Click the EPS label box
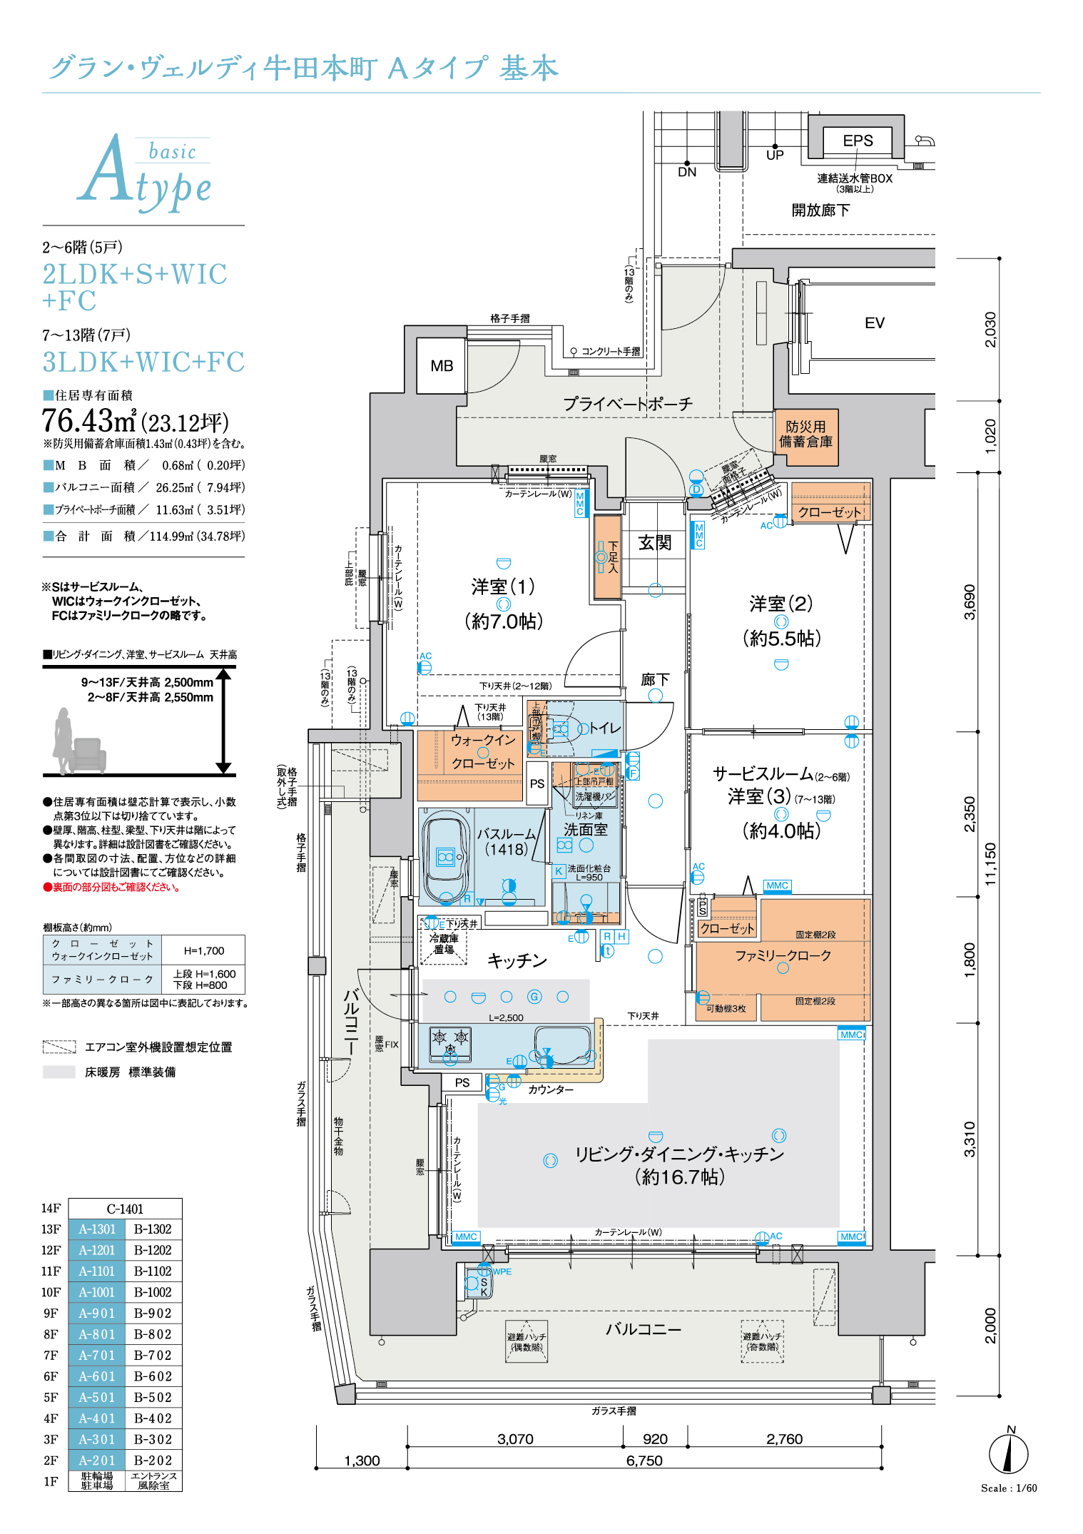(858, 141)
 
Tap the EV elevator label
(874, 323)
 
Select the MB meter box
(442, 366)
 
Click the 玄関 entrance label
(654, 543)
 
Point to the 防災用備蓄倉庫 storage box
(805, 435)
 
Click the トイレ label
(604, 728)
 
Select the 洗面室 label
(585, 829)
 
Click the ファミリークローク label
(783, 955)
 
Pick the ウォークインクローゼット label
(483, 752)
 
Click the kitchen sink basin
(563, 1045)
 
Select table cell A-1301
(97, 1229)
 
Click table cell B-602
(153, 1376)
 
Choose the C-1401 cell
(125, 1209)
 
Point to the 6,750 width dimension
(644, 1461)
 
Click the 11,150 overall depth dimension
(990, 864)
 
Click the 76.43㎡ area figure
(88, 421)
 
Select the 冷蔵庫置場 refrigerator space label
(444, 944)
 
